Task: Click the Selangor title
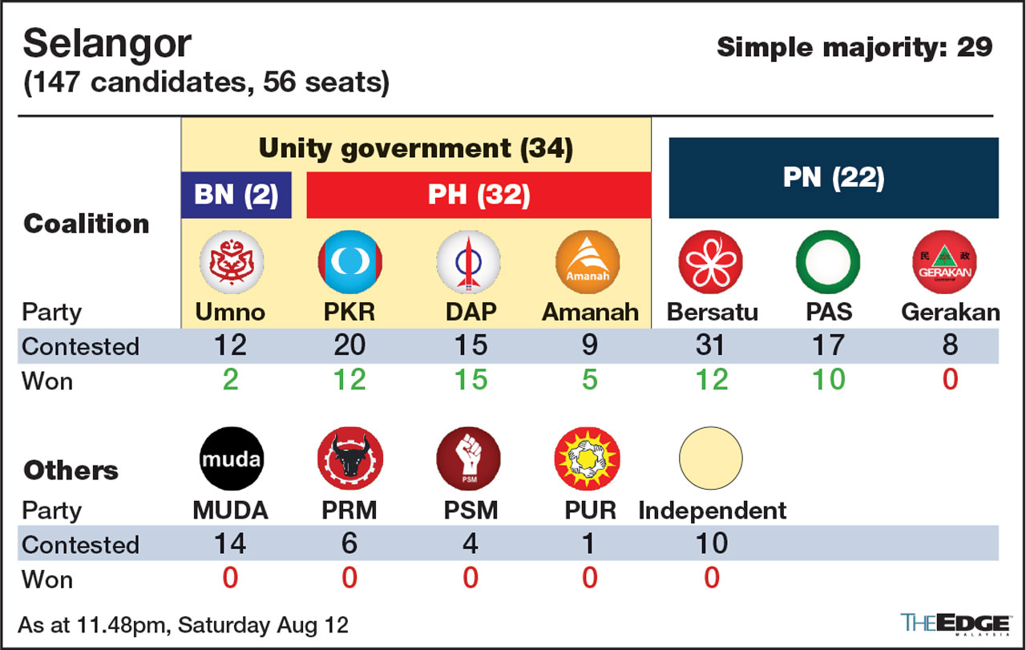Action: click(107, 44)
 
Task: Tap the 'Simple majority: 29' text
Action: click(854, 48)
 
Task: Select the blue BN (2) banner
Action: click(236, 195)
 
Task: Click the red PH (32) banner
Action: click(479, 195)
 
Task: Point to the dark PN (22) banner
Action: click(834, 178)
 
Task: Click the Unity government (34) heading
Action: click(416, 149)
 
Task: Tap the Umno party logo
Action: click(232, 262)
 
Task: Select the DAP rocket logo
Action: click(469, 262)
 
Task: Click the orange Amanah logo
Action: click(588, 262)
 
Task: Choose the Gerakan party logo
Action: click(944, 262)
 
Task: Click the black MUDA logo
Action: click(232, 458)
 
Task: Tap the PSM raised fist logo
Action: click(469, 458)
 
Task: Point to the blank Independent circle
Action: click(711, 458)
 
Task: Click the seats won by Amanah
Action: click(589, 380)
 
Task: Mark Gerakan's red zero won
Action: click(950, 380)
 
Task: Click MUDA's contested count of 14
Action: click(230, 543)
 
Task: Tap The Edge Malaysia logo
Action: click(955, 624)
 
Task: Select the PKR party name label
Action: click(349, 313)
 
